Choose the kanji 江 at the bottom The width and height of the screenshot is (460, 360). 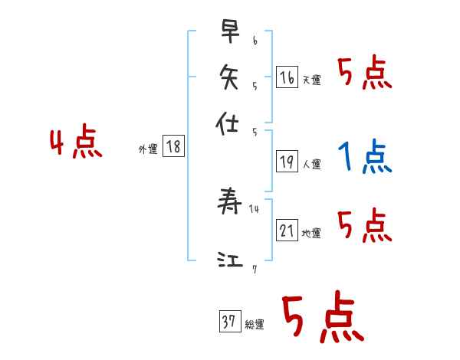pos(230,260)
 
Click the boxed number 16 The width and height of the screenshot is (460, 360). pos(287,77)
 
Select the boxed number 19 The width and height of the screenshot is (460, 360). pos(287,161)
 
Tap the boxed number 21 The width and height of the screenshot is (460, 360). pos(287,230)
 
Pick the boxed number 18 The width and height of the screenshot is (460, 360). pos(174,147)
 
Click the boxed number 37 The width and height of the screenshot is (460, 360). pos(229,322)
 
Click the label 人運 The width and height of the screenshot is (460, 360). pos(311,164)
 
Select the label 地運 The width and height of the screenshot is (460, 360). pos(311,233)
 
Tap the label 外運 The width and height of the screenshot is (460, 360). pos(148,150)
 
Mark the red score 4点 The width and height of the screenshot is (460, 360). pos(75,144)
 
